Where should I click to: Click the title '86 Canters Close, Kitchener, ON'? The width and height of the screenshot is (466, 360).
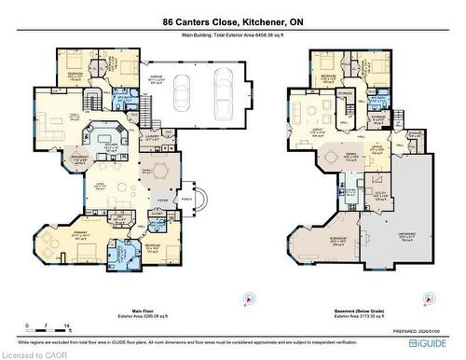[233, 21]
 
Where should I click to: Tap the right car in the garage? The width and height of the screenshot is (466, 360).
[223, 91]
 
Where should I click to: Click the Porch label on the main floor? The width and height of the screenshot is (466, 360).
[186, 198]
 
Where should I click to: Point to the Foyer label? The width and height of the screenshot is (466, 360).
[163, 199]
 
